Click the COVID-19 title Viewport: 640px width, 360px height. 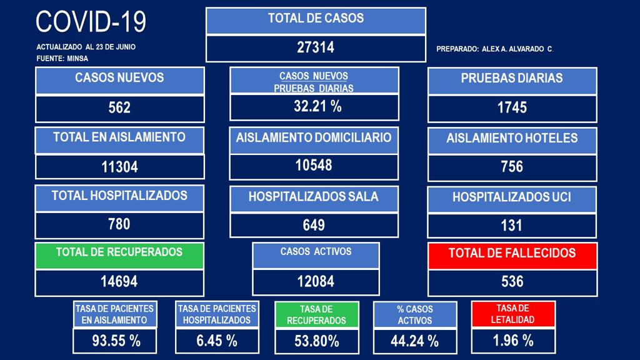(91, 22)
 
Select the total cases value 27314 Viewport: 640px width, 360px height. (316, 47)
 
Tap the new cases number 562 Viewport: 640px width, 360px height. (119, 107)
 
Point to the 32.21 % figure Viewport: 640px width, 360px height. (317, 106)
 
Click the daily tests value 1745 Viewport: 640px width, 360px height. (512, 107)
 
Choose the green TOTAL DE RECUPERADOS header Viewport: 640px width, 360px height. (119, 256)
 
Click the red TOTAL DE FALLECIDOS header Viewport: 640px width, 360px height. (512, 256)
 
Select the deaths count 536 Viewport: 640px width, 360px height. (512, 281)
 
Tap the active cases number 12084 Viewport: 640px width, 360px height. (316, 281)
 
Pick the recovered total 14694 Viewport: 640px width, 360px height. (119, 281)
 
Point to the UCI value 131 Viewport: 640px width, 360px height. (511, 225)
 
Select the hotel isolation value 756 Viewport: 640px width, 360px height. (512, 166)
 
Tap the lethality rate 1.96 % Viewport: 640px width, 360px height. (513, 341)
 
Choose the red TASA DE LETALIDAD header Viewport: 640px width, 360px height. (513, 314)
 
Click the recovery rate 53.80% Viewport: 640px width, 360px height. (317, 341)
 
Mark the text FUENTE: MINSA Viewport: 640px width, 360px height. (62, 58)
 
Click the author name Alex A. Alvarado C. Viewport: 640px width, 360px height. (517, 49)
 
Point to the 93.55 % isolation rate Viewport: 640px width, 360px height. (116, 341)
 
